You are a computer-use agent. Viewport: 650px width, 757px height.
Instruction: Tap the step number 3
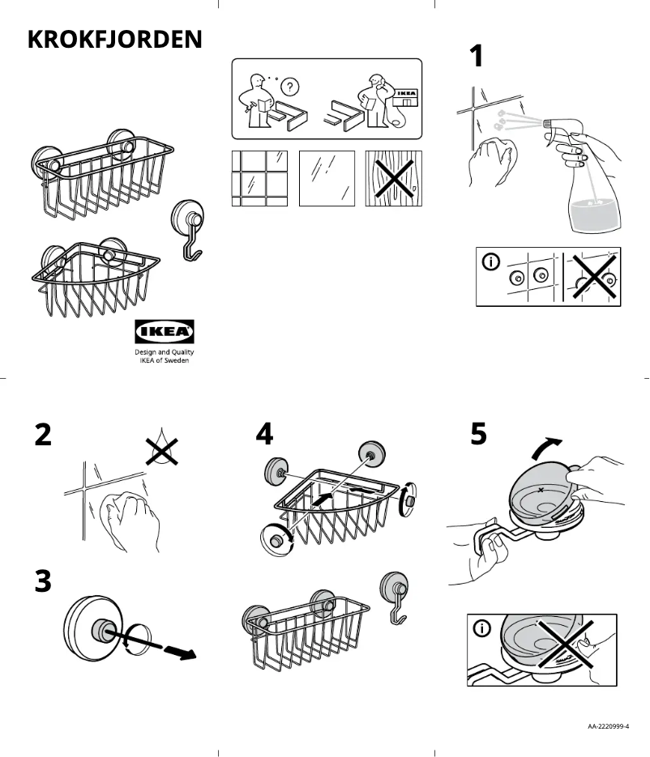pyautogui.click(x=43, y=581)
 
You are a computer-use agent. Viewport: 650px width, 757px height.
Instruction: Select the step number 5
pyautogui.click(x=479, y=435)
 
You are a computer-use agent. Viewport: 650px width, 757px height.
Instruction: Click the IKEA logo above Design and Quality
pyautogui.click(x=164, y=331)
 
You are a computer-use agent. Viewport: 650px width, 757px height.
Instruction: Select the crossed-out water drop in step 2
pyautogui.click(x=161, y=448)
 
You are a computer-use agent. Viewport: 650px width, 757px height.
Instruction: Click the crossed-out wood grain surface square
pyautogui.click(x=393, y=178)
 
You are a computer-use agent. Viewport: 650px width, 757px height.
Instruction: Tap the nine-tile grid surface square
pyautogui.click(x=259, y=178)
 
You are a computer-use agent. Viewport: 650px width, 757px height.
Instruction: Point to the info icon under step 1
pyautogui.click(x=491, y=262)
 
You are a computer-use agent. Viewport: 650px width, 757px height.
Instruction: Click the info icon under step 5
pyautogui.click(x=483, y=629)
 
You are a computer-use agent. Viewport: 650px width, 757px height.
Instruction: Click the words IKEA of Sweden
pyautogui.click(x=165, y=361)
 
